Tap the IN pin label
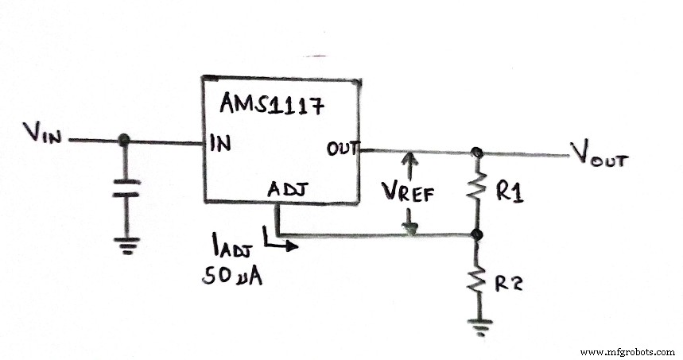pyautogui.click(x=219, y=144)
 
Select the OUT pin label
pyautogui.click(x=343, y=149)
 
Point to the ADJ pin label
pyautogui.click(x=285, y=190)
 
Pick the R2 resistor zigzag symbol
pyautogui.click(x=477, y=280)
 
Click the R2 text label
pyautogui.click(x=507, y=282)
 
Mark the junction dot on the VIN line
pyautogui.click(x=122, y=141)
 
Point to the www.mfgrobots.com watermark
pyautogui.click(x=627, y=351)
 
